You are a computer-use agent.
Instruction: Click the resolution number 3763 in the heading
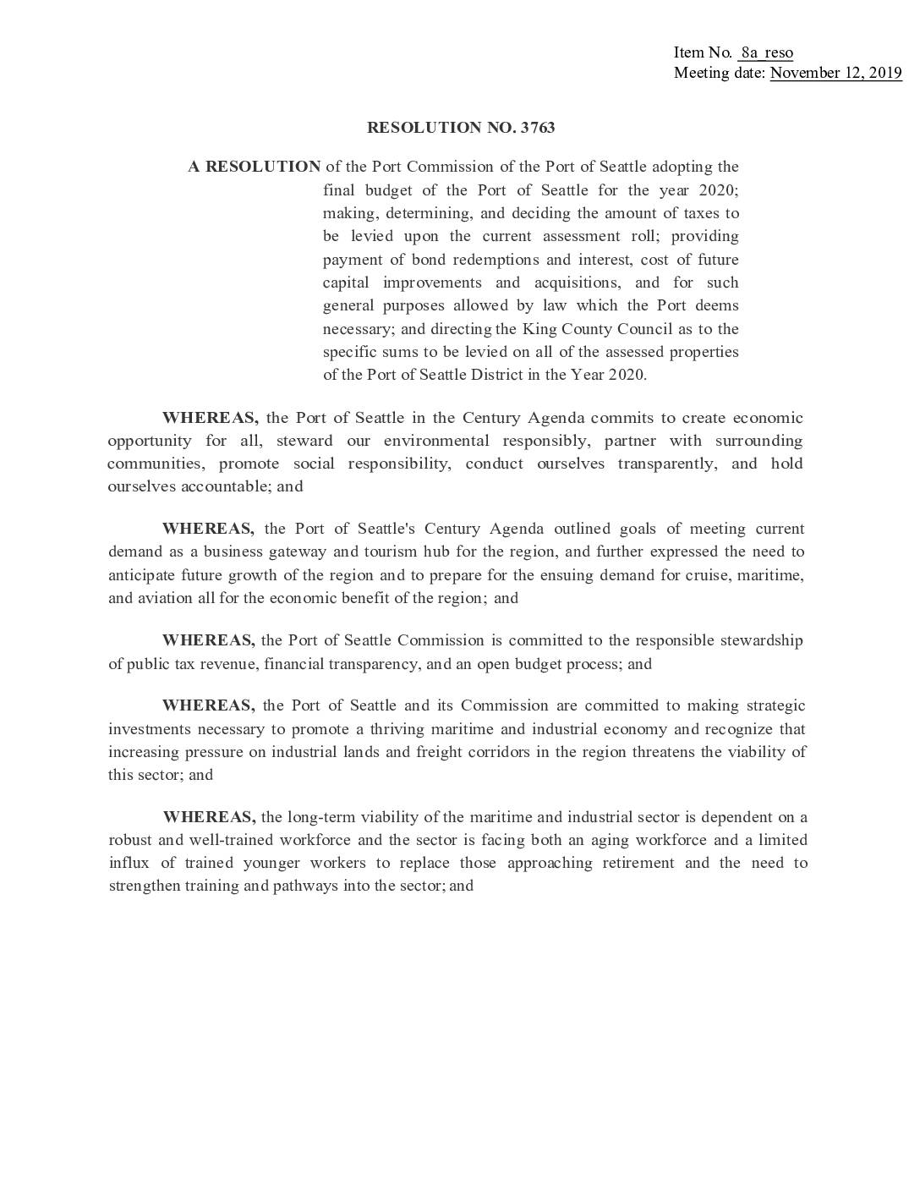point(538,128)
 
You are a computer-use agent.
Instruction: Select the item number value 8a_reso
point(765,52)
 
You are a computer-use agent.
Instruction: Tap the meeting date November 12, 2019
point(835,73)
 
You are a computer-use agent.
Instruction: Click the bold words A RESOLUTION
point(255,167)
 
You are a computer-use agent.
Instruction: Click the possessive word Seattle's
point(386,529)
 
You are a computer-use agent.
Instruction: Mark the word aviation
point(158,598)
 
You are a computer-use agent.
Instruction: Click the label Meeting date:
point(720,73)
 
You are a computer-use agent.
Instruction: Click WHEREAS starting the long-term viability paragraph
point(209,817)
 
